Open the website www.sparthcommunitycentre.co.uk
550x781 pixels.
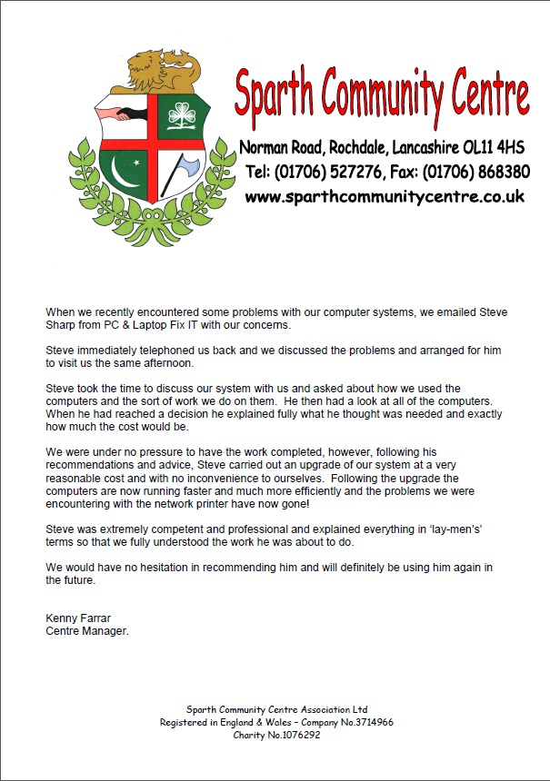385,196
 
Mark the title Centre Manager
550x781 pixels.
87,631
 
